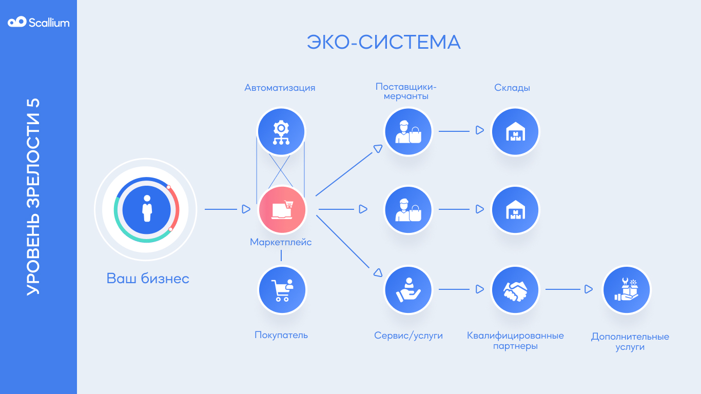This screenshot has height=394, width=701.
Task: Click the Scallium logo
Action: click(38, 22)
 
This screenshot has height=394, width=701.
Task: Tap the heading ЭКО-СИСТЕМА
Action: click(383, 42)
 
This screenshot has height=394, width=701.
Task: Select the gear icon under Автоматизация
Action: click(281, 131)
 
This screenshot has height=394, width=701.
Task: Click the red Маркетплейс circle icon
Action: click(282, 209)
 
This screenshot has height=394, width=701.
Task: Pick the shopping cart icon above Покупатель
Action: click(282, 290)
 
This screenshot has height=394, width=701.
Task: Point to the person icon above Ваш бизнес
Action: click(147, 209)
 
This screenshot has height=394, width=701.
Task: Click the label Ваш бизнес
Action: click(148, 279)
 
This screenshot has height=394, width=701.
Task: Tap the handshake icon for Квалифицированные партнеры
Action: click(515, 290)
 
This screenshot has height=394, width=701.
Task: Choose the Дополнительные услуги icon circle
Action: click(626, 290)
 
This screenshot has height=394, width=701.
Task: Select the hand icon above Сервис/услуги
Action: click(408, 290)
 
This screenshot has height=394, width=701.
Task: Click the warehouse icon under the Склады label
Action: click(515, 131)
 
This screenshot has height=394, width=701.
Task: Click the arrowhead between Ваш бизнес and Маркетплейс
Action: click(246, 209)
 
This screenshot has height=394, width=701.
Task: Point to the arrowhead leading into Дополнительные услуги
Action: click(588, 290)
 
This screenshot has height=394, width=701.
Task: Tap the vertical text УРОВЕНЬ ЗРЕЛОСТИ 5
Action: click(33, 196)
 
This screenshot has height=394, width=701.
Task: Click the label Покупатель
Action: click(281, 335)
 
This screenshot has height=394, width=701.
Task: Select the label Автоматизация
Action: click(280, 88)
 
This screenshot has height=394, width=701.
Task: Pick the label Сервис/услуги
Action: click(408, 336)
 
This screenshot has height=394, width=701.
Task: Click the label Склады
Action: click(512, 88)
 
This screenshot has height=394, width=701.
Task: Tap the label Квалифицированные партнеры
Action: click(515, 341)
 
